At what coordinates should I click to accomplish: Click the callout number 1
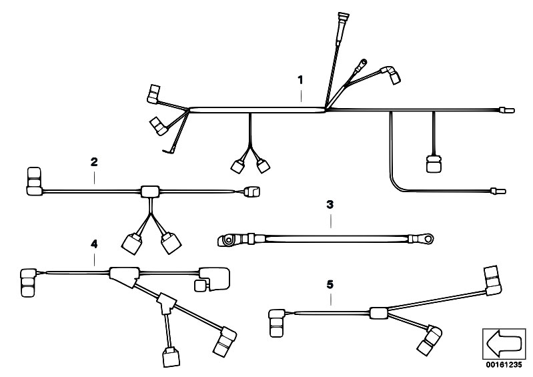click(x=300, y=80)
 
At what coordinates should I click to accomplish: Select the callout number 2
click(x=94, y=161)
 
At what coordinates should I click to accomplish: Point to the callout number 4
click(x=94, y=245)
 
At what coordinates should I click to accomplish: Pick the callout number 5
click(x=330, y=284)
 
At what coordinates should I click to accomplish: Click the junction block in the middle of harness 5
click(x=378, y=312)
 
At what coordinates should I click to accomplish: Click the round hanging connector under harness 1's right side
click(x=433, y=163)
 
